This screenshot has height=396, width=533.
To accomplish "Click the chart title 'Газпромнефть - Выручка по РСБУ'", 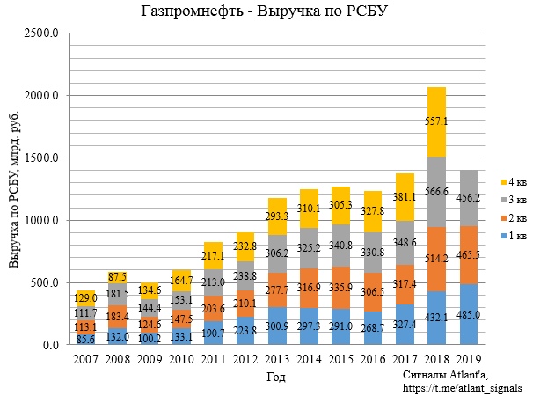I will [266, 11].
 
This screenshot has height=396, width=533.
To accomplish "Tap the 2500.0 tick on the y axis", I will [42, 33].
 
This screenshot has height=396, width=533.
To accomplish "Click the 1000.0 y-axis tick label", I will [42, 221].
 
